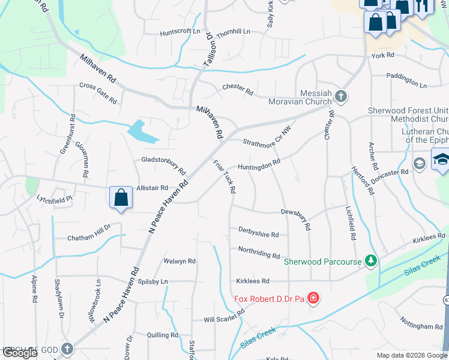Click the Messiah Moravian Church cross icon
pyautogui.click(x=340, y=97)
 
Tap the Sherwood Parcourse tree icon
pyautogui.click(x=372, y=261)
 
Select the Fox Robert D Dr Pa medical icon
pyautogui.click(x=313, y=298)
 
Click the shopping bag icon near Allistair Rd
pyautogui.click(x=121, y=197)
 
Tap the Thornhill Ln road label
pyautogui.click(x=233, y=31)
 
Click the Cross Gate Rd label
pyautogui.click(x=98, y=94)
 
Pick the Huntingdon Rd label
pyautogui.click(x=259, y=164)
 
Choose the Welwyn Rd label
pyautogui.click(x=180, y=261)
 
